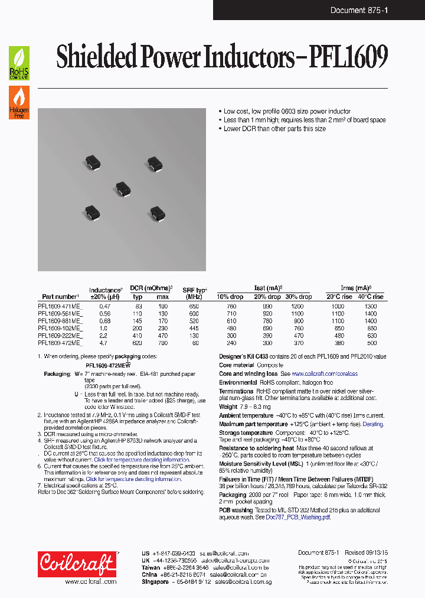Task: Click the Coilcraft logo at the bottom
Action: [77, 565]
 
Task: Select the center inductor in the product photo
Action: [123, 188]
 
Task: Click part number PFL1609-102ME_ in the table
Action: [60, 327]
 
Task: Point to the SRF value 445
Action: [194, 327]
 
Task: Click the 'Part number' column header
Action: [60, 297]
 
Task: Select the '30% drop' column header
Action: [298, 297]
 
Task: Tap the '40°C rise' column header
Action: [370, 297]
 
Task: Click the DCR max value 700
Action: [162, 342]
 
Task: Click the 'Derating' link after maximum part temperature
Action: [372, 424]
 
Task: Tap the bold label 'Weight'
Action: [228, 407]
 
